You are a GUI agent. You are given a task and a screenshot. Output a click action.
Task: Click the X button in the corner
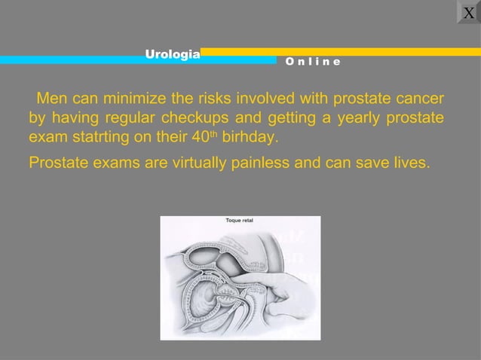click(469, 12)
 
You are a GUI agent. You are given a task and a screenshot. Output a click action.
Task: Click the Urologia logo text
click(173, 53)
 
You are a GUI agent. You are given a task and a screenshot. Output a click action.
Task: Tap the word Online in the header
click(312, 61)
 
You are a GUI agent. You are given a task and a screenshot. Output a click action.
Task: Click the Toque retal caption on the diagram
click(240, 221)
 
